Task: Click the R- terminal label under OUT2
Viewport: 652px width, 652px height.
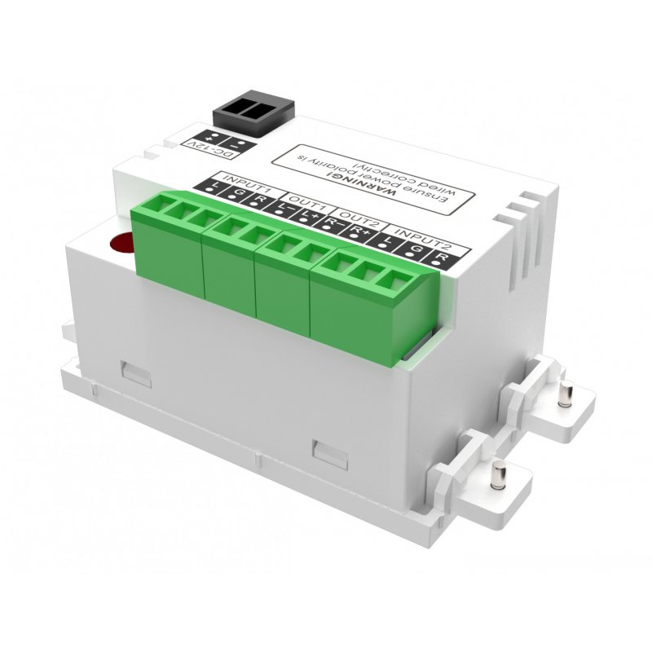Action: coord(332,225)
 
